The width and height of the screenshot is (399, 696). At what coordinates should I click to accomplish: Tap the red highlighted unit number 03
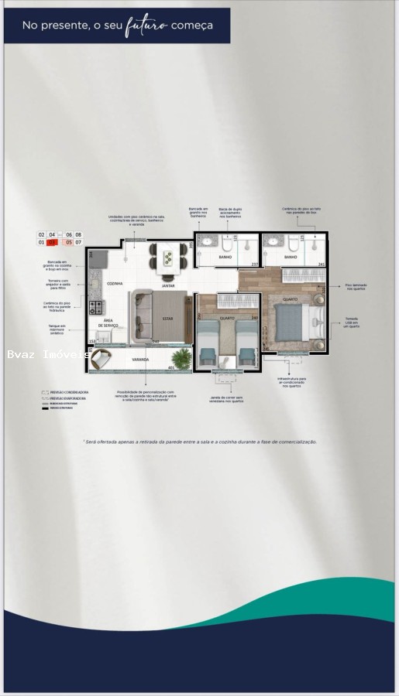(x=53, y=242)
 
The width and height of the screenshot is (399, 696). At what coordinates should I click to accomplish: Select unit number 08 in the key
(x=78, y=234)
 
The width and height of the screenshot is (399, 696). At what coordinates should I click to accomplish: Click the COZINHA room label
(x=114, y=284)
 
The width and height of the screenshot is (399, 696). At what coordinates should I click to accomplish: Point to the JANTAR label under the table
(x=167, y=285)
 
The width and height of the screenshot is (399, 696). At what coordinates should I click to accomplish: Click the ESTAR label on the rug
(x=167, y=318)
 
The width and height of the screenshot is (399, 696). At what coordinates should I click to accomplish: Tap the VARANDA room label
(x=140, y=360)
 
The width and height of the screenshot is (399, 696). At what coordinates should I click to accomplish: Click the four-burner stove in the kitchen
(x=97, y=307)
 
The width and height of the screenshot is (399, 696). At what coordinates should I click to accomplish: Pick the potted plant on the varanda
(x=181, y=357)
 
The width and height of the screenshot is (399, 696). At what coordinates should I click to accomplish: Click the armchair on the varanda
(x=101, y=358)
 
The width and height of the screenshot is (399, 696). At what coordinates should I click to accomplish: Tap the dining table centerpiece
(x=168, y=257)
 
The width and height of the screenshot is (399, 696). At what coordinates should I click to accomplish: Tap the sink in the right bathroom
(x=273, y=241)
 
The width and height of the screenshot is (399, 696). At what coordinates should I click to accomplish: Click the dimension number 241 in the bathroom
(x=322, y=264)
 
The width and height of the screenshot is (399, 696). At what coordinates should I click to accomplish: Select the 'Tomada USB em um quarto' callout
(x=352, y=321)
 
